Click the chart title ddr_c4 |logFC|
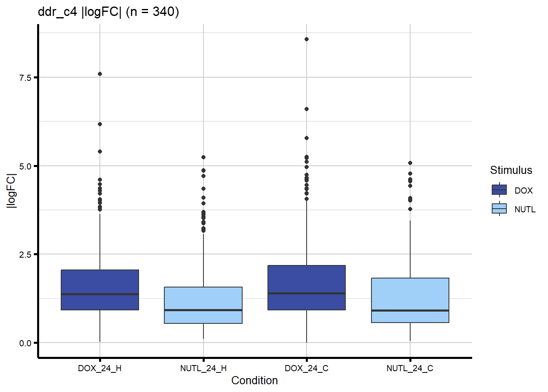tap(108, 12)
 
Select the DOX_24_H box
tap(100, 290)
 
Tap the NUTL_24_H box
tap(203, 305)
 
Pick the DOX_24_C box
tap(307, 287)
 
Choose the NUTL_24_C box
tap(410, 300)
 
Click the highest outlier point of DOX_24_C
tap(307, 39)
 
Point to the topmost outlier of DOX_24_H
tap(100, 74)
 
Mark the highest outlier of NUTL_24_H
tap(203, 157)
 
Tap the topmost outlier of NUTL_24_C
tap(410, 163)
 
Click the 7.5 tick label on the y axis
tap(25, 78)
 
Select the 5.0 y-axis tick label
tap(25, 166)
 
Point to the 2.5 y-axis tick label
tap(25, 254)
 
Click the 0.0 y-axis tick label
tap(25, 343)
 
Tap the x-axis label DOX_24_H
tap(100, 368)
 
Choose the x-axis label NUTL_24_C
tap(410, 368)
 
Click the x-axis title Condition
tap(254, 381)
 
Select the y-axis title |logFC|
tap(11, 191)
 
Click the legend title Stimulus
tap(511, 170)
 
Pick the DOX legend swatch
tap(499, 190)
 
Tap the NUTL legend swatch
tap(499, 209)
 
